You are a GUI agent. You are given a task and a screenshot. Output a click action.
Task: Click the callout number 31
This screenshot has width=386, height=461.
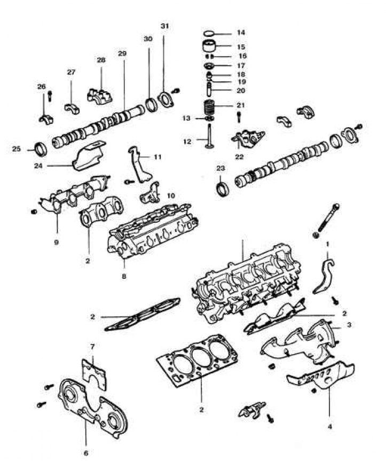point(164,26)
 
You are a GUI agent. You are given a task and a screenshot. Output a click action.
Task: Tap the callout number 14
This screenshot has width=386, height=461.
point(241,33)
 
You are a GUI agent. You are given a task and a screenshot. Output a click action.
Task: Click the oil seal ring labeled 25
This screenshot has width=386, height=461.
point(40,147)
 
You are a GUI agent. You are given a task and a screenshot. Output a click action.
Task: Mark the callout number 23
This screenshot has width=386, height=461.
point(220,168)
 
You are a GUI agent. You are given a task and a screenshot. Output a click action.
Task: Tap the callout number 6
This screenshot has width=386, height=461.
point(85,453)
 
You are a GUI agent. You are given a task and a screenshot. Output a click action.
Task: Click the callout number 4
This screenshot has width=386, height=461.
point(329,426)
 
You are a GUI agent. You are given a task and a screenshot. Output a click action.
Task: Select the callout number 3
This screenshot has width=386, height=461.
point(348,324)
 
